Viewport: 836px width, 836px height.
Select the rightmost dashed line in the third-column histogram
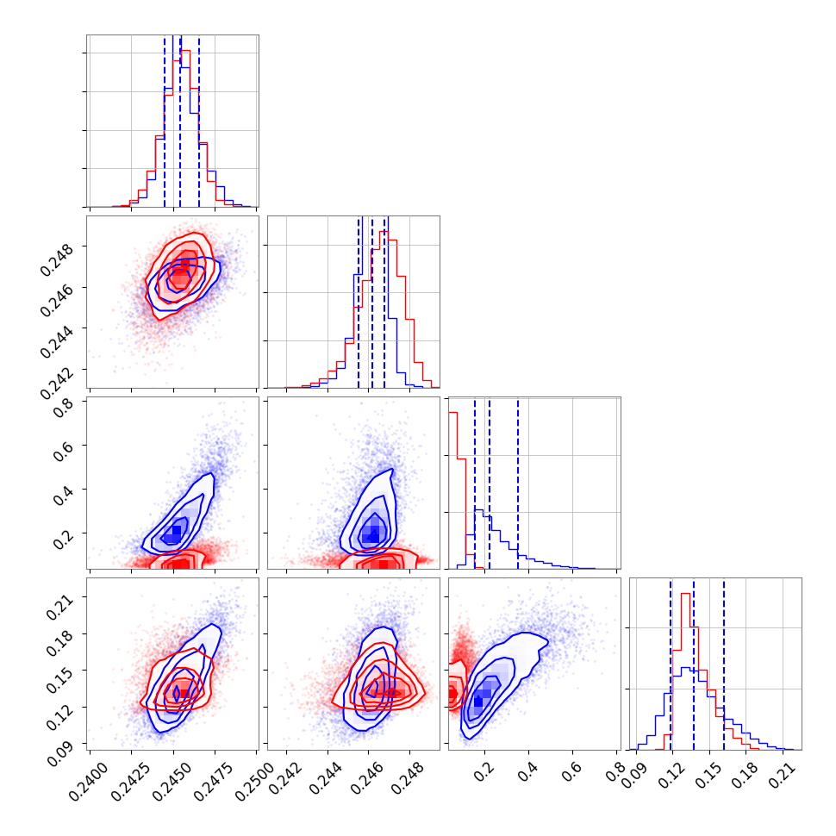click(518, 483)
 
